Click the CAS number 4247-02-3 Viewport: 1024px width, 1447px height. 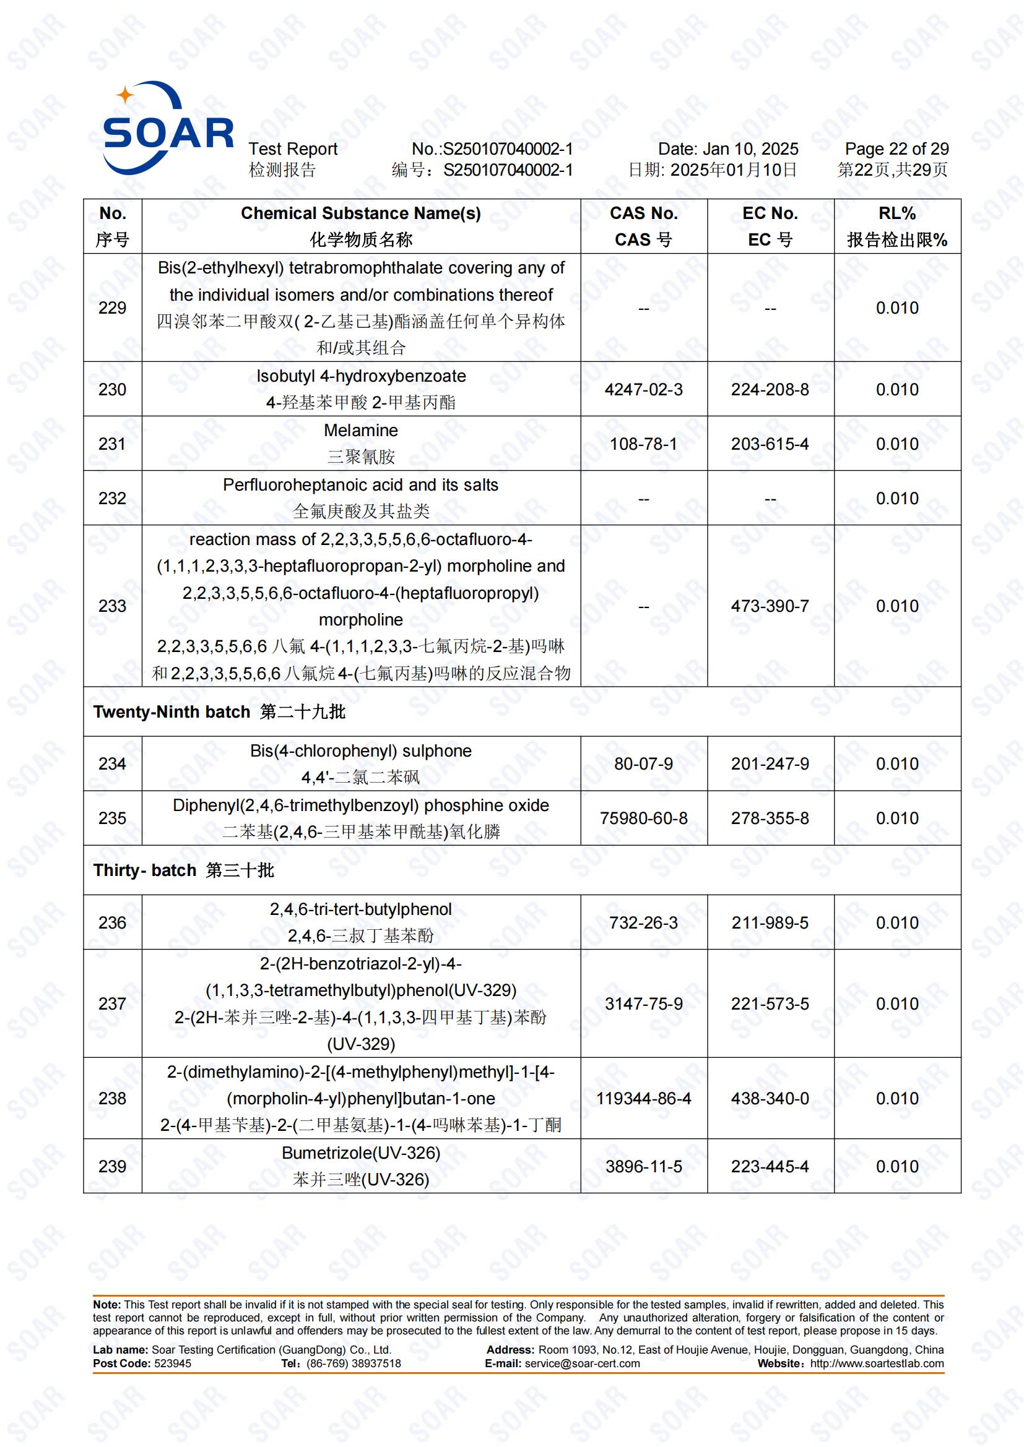pyautogui.click(x=643, y=390)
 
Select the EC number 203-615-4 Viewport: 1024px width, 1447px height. pyautogui.click(x=770, y=444)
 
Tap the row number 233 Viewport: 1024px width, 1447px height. pyautogui.click(x=112, y=606)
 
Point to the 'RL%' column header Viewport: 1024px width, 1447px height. pyautogui.click(x=896, y=213)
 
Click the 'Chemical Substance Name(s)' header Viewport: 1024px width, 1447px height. pyautogui.click(x=361, y=213)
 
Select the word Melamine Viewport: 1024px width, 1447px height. pyautogui.click(x=361, y=431)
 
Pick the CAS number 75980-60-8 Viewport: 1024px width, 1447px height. pyautogui.click(x=643, y=818)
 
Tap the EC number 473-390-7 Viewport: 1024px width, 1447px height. pyautogui.click(x=770, y=606)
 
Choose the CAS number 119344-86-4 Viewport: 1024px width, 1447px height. pyautogui.click(x=643, y=1099)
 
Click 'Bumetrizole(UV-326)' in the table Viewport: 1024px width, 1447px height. pyautogui.click(x=361, y=1153)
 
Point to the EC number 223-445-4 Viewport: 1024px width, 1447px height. pyautogui.click(x=770, y=1167)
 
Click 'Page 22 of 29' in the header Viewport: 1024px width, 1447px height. pyautogui.click(x=896, y=149)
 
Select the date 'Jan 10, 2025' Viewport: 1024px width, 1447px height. pyautogui.click(x=750, y=149)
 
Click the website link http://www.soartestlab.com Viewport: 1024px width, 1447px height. pyautogui.click(x=877, y=1364)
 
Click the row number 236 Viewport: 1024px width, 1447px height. pyautogui.click(x=112, y=923)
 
